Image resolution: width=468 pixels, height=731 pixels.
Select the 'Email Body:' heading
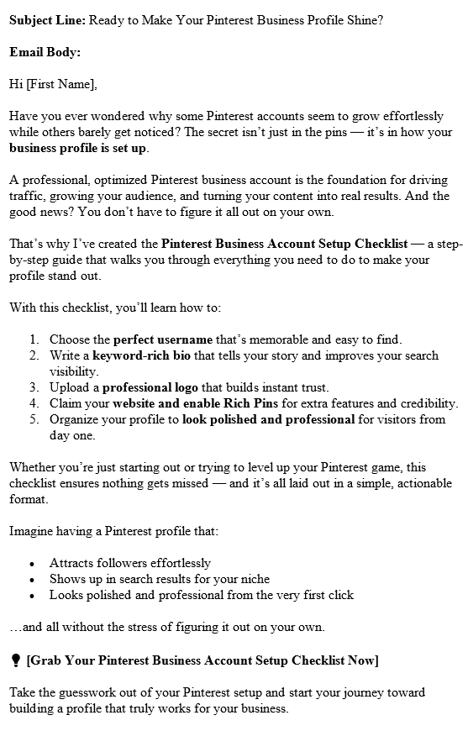[x=45, y=51]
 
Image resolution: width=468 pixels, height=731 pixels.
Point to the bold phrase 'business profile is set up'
[x=78, y=149]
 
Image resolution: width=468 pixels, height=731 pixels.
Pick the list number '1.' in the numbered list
[x=34, y=339]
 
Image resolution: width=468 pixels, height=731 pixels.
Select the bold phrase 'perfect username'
[x=163, y=339]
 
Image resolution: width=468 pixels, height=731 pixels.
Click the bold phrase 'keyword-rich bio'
[x=137, y=355]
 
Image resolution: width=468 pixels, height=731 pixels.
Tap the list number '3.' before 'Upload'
[x=34, y=387]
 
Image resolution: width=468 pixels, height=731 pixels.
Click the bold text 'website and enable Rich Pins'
[x=178, y=403]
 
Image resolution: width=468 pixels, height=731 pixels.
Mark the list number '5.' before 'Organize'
[x=34, y=419]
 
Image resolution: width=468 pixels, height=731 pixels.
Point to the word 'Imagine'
[x=31, y=531]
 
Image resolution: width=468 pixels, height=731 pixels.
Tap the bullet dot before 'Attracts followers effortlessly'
[x=32, y=564]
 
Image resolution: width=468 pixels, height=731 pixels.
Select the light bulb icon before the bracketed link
[x=15, y=660]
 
